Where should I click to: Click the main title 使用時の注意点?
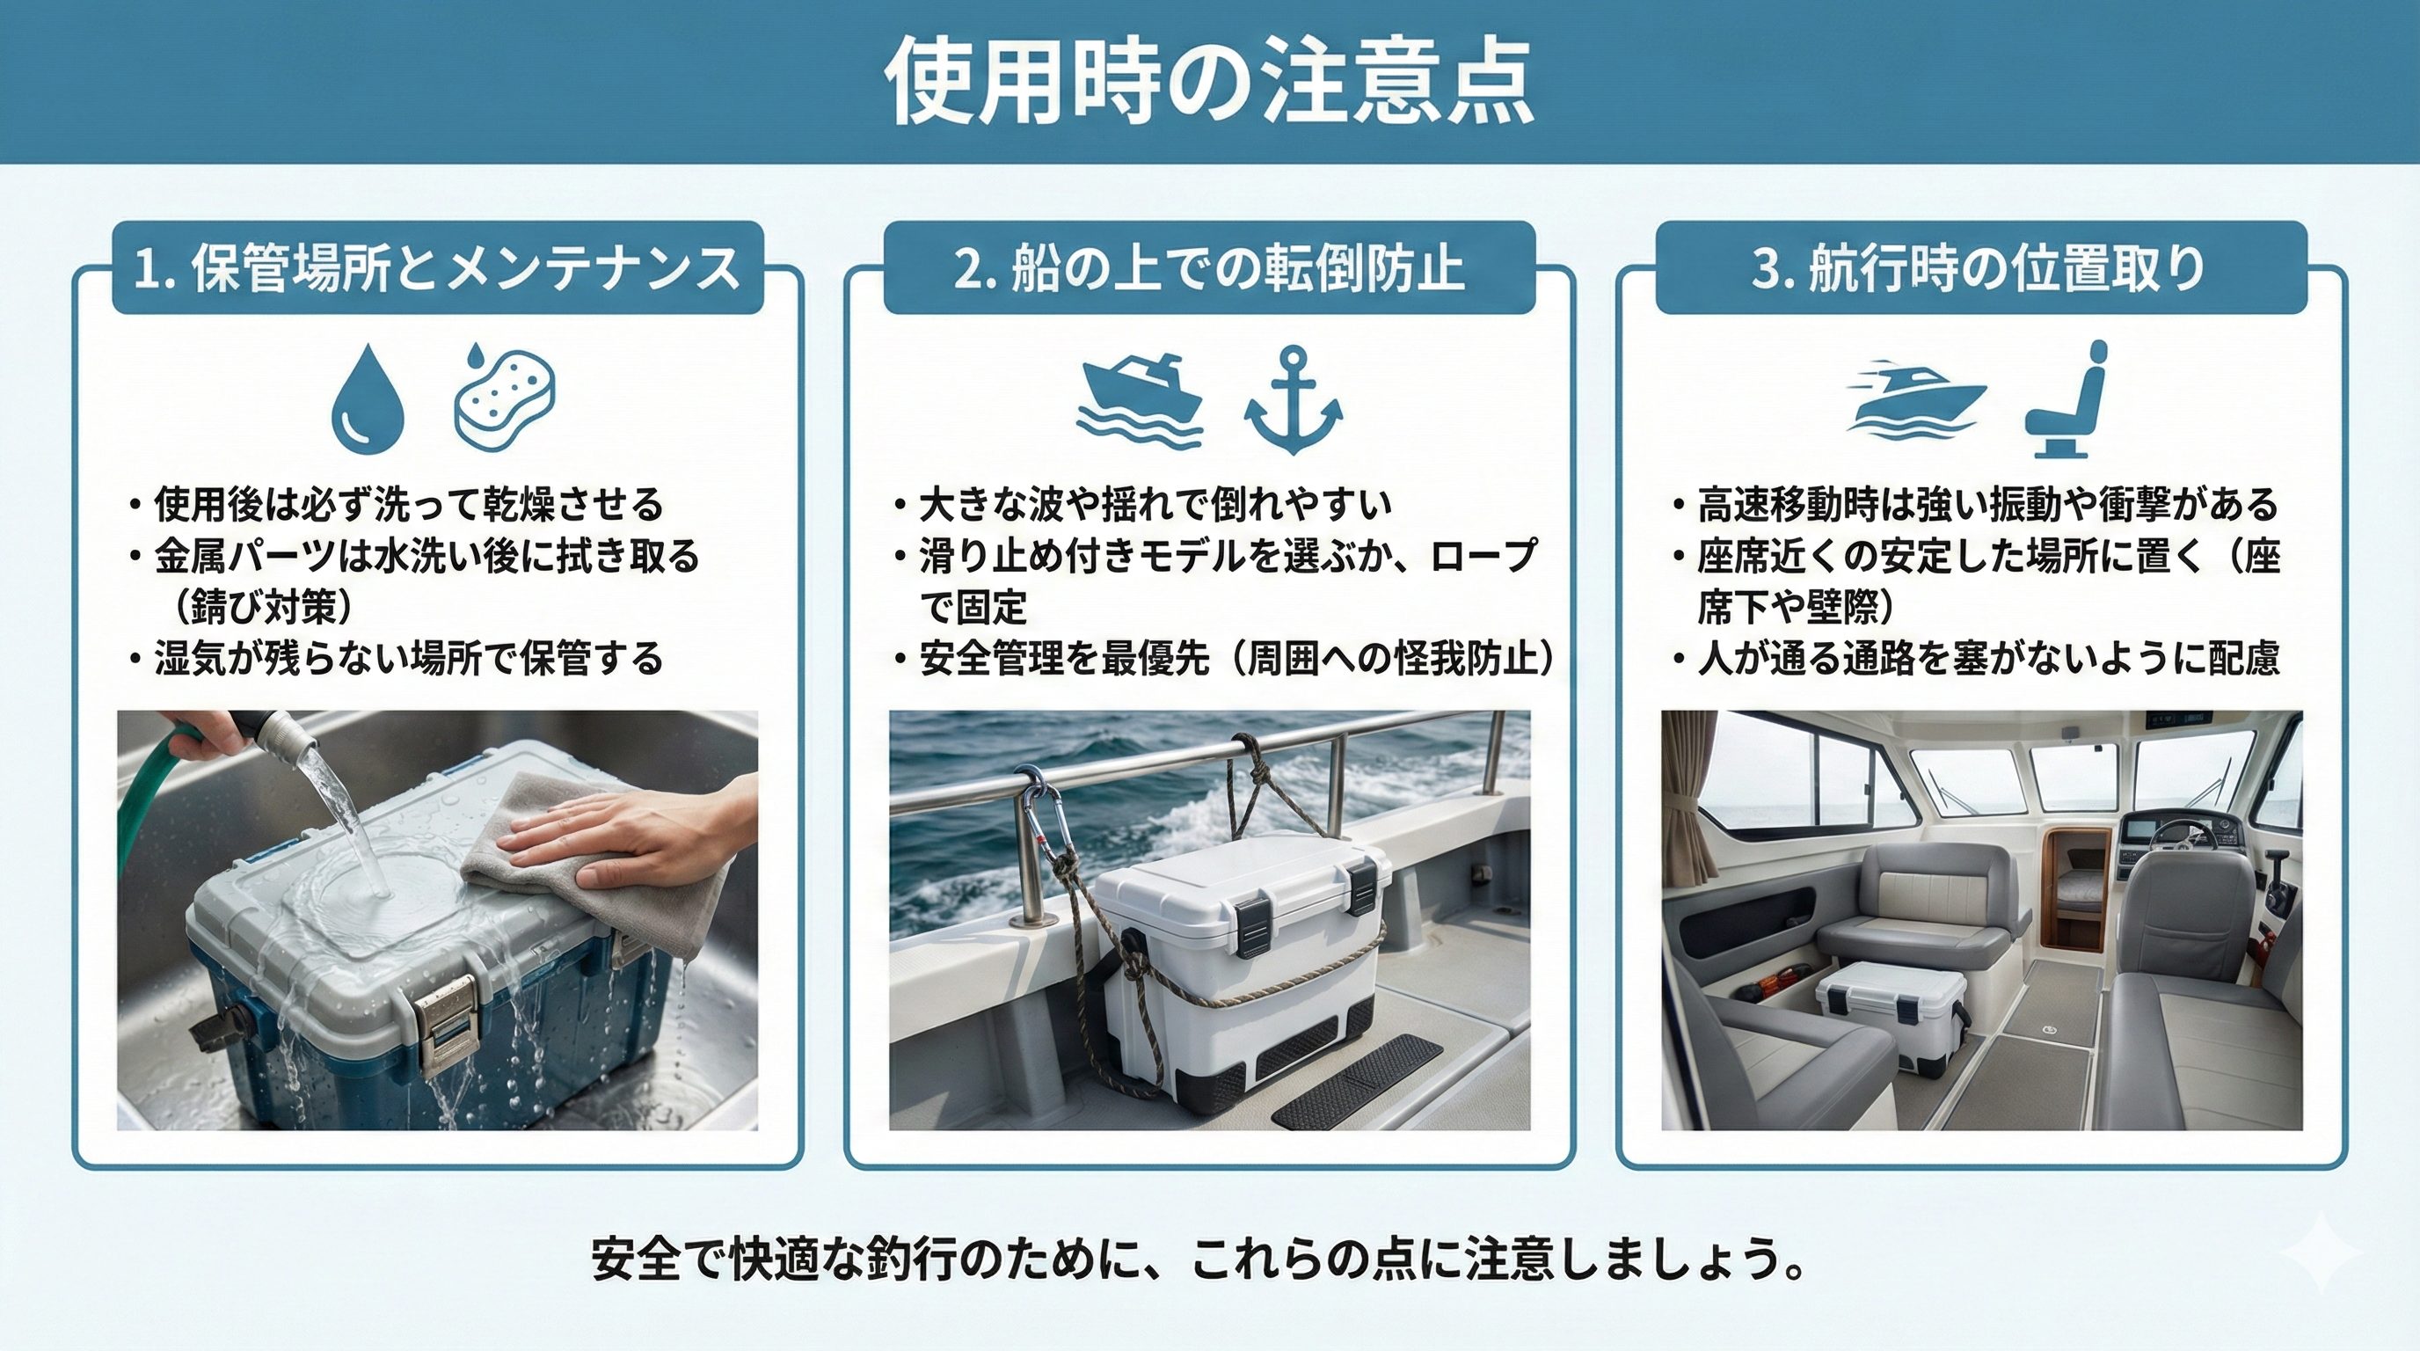click(1209, 82)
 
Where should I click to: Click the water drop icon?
click(368, 398)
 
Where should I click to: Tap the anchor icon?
click(1294, 400)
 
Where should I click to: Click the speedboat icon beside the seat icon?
click(1916, 398)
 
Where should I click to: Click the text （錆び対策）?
click(262, 608)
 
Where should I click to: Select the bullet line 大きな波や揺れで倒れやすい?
click(1142, 505)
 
